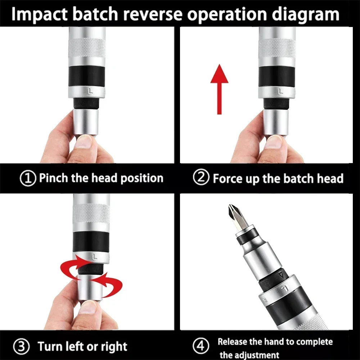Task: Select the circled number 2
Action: [200, 178]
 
